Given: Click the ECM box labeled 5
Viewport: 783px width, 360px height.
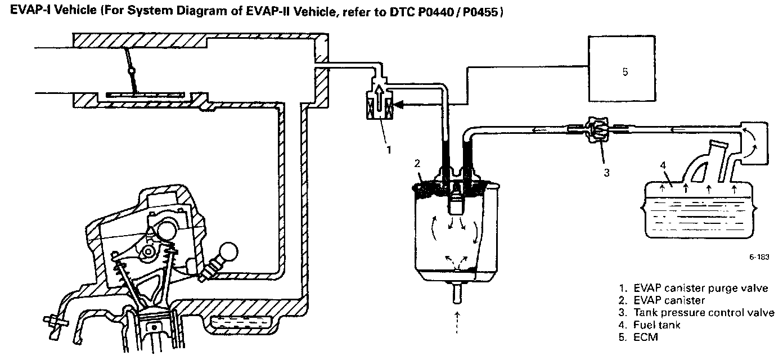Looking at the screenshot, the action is point(622,69).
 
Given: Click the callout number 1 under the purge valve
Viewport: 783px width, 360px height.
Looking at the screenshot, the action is point(389,150).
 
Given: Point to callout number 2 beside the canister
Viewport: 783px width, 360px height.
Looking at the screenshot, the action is point(417,163).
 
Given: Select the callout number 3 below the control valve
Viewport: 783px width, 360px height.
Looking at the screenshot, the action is point(606,173).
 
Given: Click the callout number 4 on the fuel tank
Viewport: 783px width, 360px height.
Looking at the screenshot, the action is point(663,165).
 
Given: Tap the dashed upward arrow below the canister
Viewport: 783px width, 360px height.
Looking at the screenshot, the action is point(457,322).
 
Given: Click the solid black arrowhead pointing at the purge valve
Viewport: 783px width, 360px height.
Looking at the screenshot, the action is point(398,104).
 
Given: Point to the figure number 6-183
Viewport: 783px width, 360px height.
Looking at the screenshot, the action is point(759,257).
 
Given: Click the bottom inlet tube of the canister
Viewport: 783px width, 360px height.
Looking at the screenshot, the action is point(457,294).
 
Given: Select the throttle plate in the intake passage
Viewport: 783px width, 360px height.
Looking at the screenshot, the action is point(145,94).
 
